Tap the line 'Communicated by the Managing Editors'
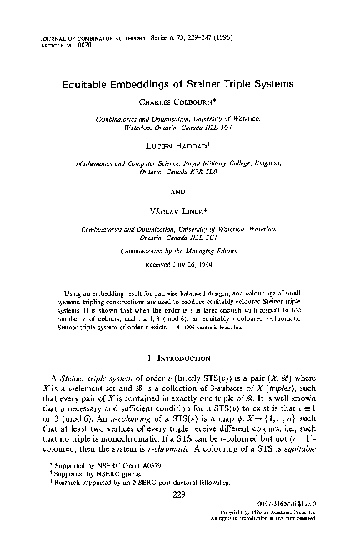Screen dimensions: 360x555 click(180, 249)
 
